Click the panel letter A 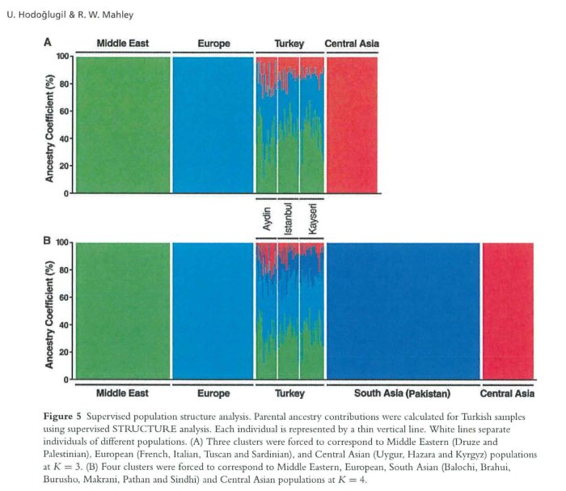click(48, 43)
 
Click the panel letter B click(48, 240)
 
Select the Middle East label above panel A click(122, 43)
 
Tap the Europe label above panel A click(213, 43)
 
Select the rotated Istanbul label click(289, 218)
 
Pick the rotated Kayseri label click(311, 218)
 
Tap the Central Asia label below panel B click(507, 393)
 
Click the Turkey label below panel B click(289, 393)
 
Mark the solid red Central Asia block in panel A click(352, 125)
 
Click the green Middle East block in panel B click(121, 311)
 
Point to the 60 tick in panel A click(61, 111)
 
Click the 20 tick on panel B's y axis click(61, 352)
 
